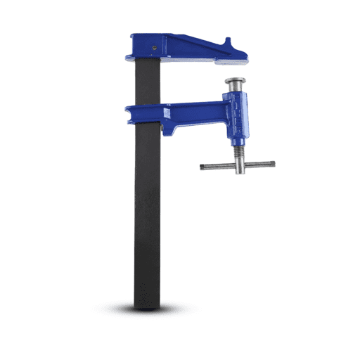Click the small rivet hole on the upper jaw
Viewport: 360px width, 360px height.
pos(154,48)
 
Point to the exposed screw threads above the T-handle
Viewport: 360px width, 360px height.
pos(238,149)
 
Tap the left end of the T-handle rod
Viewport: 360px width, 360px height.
pos(202,167)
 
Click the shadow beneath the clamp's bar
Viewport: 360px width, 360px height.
pos(147,311)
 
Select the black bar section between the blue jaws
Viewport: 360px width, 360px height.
pos(147,84)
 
